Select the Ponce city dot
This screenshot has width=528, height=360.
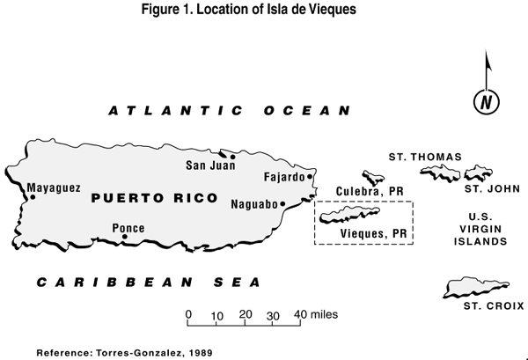coord(124,237)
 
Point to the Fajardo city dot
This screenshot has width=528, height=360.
coord(311,177)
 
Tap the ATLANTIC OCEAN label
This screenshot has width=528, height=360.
coord(229,111)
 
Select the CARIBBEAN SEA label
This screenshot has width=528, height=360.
coord(148,283)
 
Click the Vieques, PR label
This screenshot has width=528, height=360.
coord(373,233)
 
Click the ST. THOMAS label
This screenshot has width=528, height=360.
coord(424,157)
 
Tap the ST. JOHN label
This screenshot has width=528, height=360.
coord(485,188)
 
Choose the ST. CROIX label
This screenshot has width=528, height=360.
coord(494,305)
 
